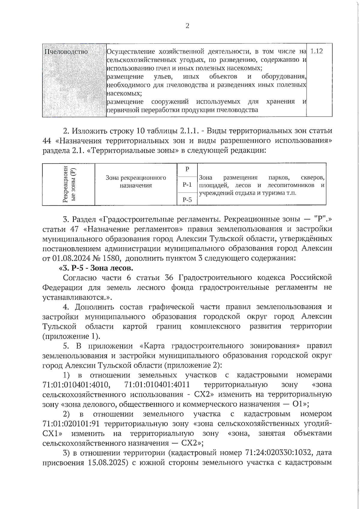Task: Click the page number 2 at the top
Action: (187, 26)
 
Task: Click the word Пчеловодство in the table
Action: (66, 52)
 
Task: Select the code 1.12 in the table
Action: (316, 51)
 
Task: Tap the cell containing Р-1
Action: (187, 185)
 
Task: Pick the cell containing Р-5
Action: (187, 200)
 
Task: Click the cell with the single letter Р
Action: (187, 169)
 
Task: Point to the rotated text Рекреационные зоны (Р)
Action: (68, 184)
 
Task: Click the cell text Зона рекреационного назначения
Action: (136, 181)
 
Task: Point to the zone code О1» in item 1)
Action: (300, 404)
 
